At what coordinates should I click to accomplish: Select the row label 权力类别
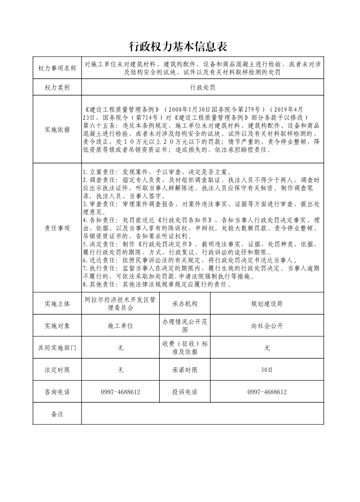(x=57, y=87)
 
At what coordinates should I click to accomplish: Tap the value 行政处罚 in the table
(x=202, y=87)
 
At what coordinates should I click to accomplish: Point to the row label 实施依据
(x=57, y=129)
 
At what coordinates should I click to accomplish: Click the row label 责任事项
(x=57, y=228)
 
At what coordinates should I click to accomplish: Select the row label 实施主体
(x=57, y=304)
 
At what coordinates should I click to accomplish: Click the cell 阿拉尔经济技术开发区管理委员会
(x=120, y=304)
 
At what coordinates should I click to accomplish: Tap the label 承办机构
(x=185, y=304)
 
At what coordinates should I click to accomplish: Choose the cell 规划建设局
(x=267, y=304)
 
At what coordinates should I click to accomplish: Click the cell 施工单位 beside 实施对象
(x=120, y=326)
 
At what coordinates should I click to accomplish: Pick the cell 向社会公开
(x=267, y=326)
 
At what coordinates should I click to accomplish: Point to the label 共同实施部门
(x=57, y=348)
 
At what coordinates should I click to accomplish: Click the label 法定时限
(x=57, y=370)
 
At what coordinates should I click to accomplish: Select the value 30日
(x=267, y=370)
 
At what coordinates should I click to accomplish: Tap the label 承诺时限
(x=185, y=370)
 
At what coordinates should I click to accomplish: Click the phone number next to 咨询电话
(x=120, y=392)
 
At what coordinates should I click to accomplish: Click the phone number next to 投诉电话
(x=267, y=392)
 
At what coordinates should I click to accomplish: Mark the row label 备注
(x=57, y=414)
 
